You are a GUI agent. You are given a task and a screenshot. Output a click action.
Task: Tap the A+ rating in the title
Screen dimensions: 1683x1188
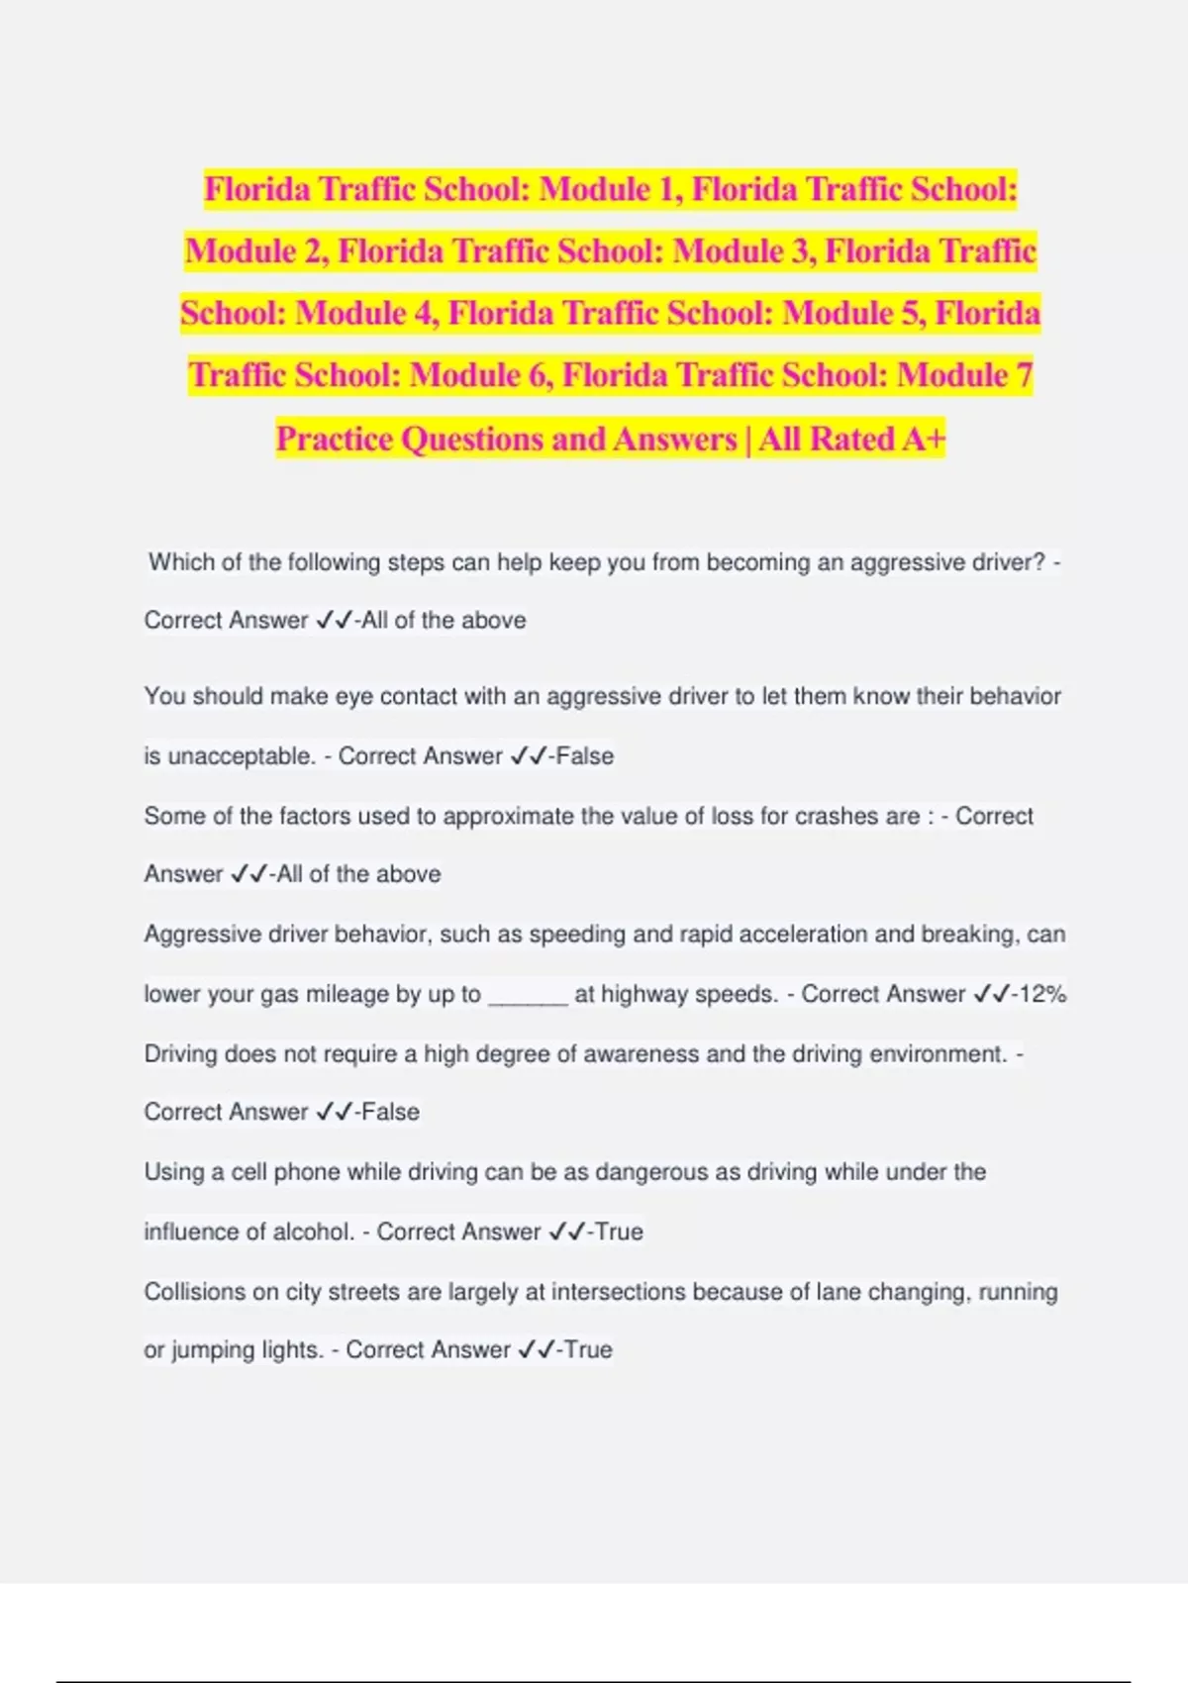tap(923, 438)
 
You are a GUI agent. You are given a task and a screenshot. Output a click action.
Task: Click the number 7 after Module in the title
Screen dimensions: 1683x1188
tap(1023, 375)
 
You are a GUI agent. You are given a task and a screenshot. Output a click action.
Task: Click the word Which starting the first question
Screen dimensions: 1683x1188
tap(180, 562)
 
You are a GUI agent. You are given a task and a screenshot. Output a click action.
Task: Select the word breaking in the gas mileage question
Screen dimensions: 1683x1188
tap(970, 935)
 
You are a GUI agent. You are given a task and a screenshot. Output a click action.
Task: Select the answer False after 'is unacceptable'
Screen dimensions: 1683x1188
tap(585, 756)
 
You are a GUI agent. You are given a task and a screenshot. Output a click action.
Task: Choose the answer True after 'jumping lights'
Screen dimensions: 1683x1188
tap(588, 1350)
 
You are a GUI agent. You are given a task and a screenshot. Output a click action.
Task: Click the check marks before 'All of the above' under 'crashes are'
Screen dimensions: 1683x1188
tap(248, 874)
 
